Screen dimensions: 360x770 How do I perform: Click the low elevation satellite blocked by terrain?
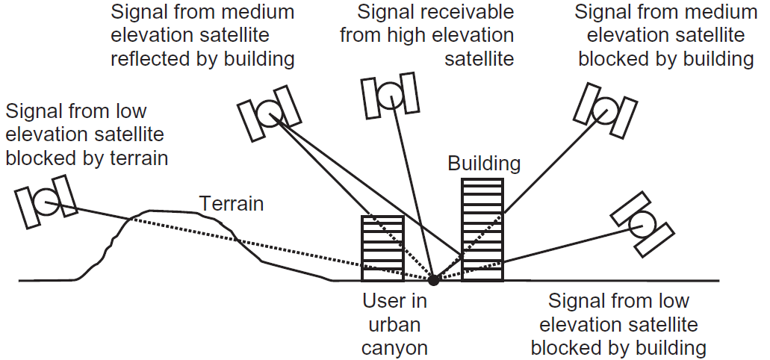pos(46,202)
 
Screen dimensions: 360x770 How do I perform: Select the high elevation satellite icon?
pos(388,95)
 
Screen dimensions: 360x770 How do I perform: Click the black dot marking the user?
pos(432,280)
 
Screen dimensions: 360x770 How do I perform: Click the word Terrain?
pos(231,203)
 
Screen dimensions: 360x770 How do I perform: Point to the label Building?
pos(483,164)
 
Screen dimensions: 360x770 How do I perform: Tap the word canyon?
pos(394,348)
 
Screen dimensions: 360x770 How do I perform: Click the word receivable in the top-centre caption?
pos(467,13)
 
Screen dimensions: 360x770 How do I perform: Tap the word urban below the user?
pos(394,325)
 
